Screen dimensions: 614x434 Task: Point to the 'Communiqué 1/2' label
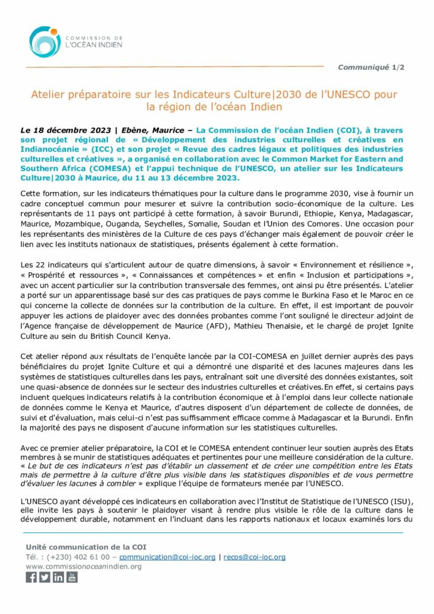(371, 67)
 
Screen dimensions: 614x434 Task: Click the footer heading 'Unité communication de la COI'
(86, 546)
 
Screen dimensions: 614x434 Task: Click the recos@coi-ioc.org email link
(254, 556)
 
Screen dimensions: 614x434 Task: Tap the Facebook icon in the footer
(31, 577)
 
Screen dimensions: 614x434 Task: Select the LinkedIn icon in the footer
(58, 577)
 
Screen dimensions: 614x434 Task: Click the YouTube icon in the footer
(72, 577)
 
